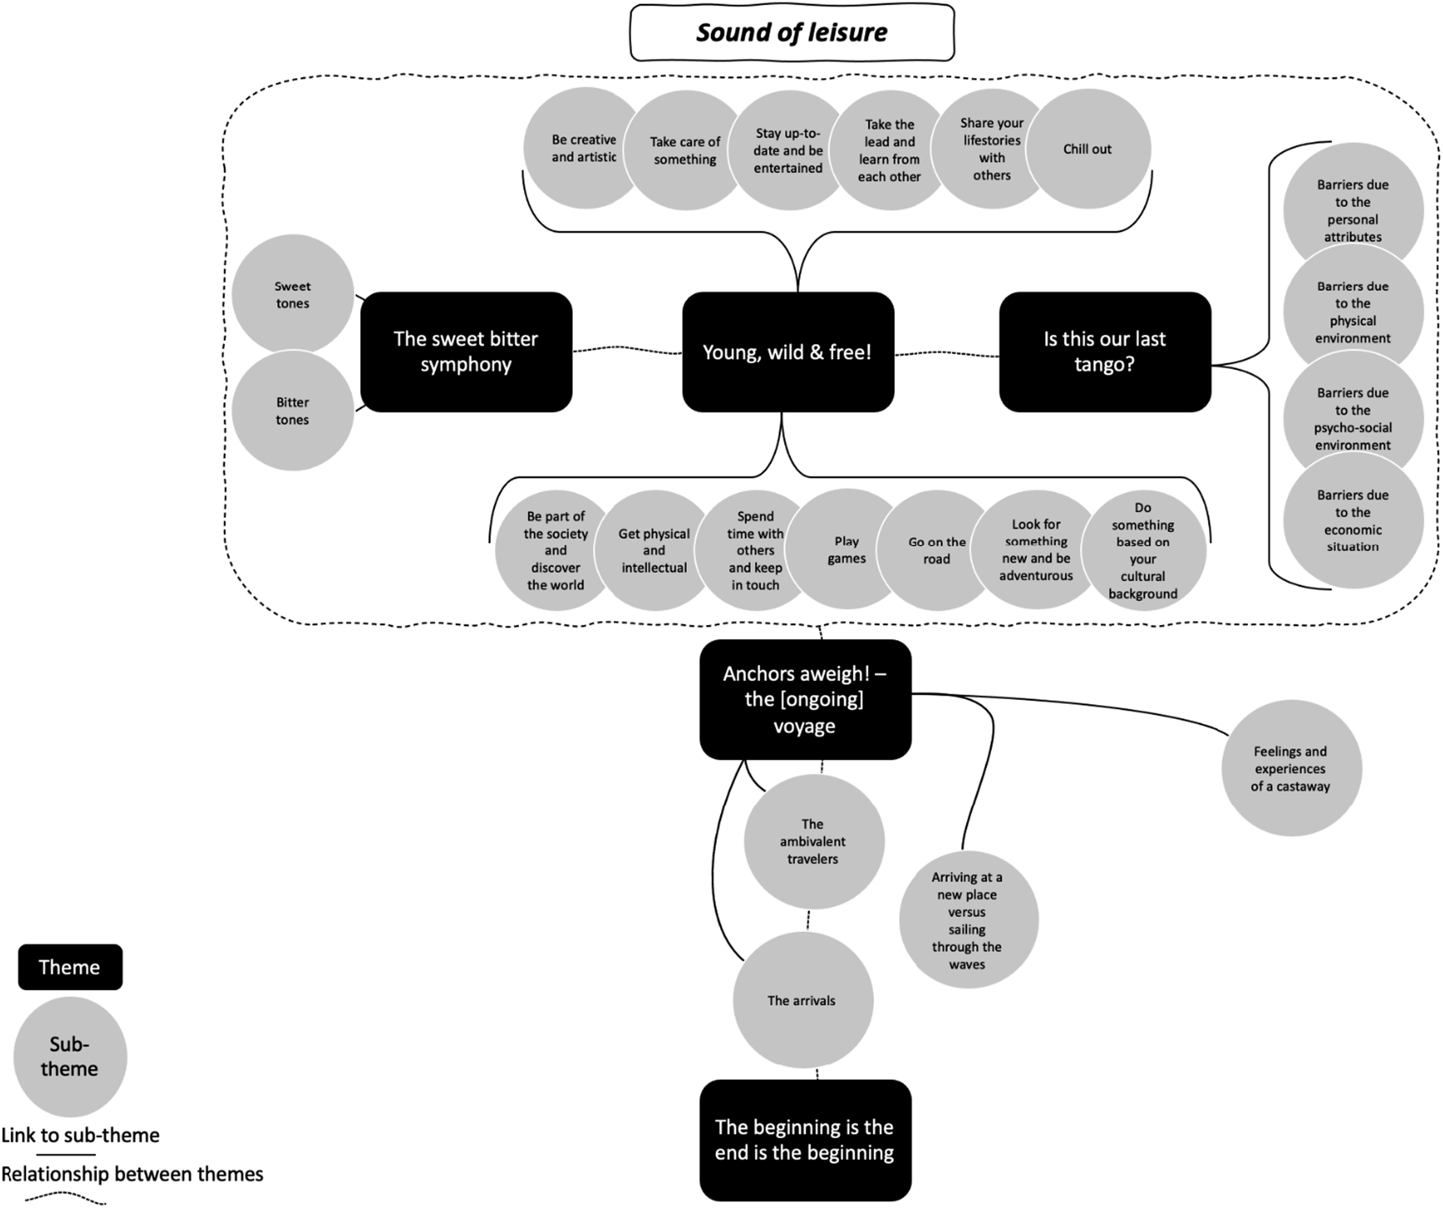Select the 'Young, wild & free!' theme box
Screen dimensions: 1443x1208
point(788,352)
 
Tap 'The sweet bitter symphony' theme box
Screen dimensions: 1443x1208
point(466,352)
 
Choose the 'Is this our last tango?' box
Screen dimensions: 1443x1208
point(1105,352)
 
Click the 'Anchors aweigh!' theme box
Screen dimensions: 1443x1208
point(805,699)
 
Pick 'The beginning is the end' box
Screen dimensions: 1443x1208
point(805,1140)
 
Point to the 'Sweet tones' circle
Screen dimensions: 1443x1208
point(293,294)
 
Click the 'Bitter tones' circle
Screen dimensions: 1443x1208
point(293,410)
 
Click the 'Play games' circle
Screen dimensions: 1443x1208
point(846,549)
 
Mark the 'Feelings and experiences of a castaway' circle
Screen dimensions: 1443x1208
point(1291,768)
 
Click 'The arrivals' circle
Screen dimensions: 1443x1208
point(802,1000)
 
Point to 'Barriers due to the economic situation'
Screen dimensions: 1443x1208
point(1353,520)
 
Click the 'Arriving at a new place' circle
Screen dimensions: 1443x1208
point(968,920)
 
